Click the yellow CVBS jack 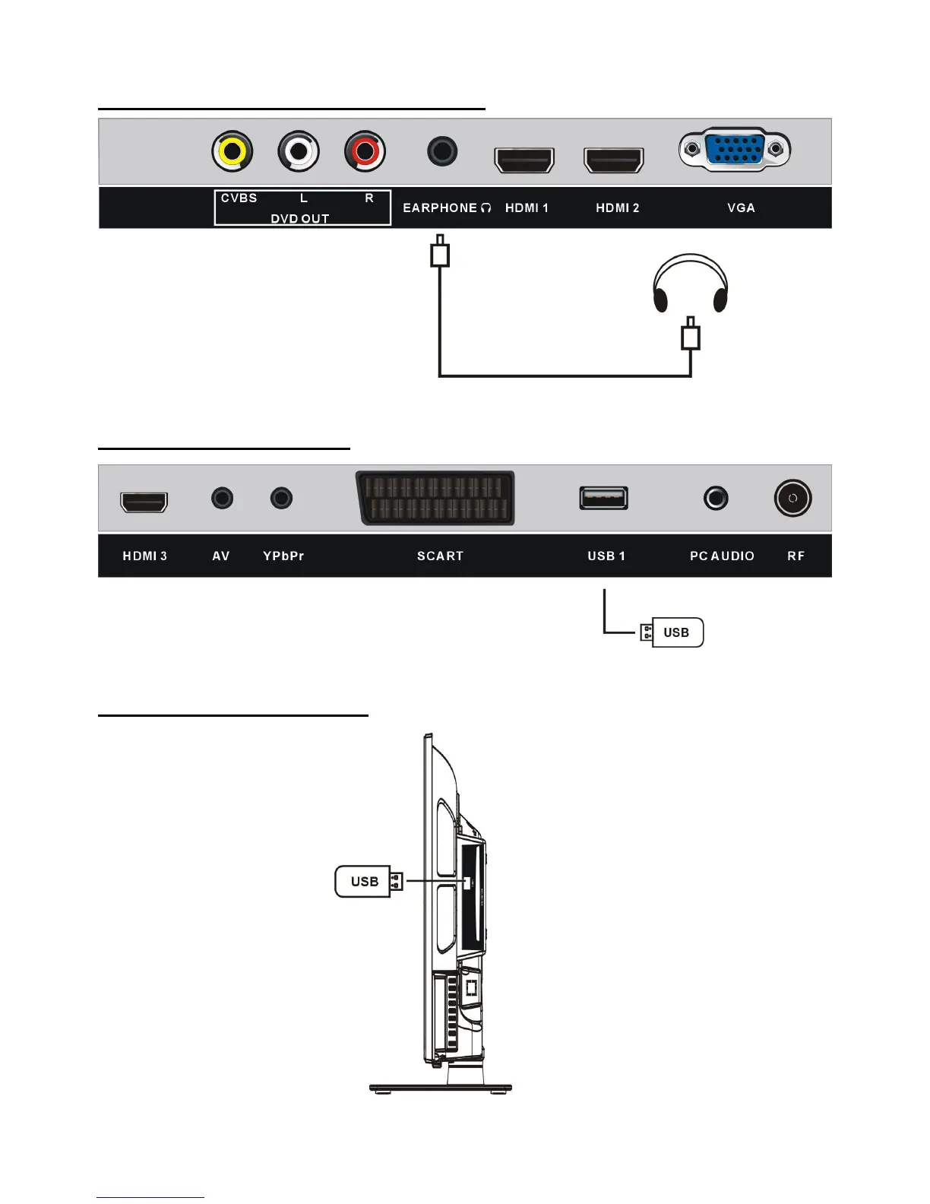click(x=232, y=151)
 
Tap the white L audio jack click(x=299, y=151)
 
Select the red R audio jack click(x=365, y=151)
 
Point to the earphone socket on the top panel click(x=442, y=151)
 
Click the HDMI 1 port click(x=524, y=160)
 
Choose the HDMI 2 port click(x=613, y=160)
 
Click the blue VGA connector click(x=735, y=149)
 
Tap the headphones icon click(x=691, y=284)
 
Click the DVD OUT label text click(x=300, y=219)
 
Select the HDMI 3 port click(x=144, y=502)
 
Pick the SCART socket click(x=435, y=499)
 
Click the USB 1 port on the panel click(x=604, y=498)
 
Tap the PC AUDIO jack click(x=716, y=499)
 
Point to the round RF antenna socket click(x=792, y=499)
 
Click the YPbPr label click(x=283, y=556)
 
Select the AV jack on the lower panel click(x=222, y=499)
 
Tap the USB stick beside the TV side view click(x=367, y=882)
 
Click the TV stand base click(x=441, y=1088)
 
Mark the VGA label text click(x=741, y=208)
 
